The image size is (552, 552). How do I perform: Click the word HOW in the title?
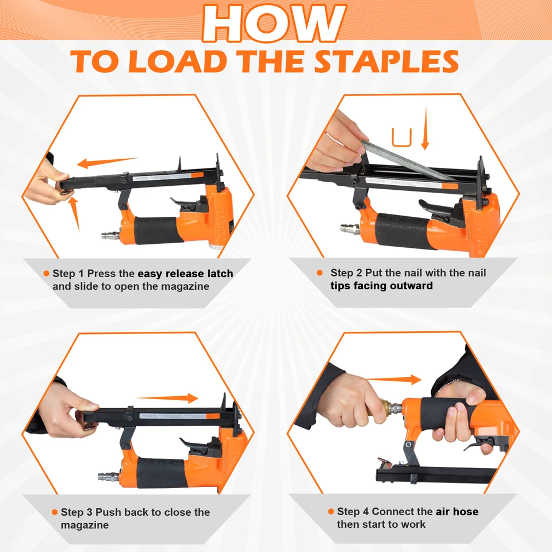275,23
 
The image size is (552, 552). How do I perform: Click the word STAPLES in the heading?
386,62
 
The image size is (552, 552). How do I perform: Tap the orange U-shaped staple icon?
402,137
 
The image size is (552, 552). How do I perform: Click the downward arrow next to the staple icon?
425,128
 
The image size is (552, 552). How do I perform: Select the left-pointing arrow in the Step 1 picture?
108,162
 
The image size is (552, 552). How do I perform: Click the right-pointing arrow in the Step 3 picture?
167,398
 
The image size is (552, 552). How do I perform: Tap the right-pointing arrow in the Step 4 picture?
393,379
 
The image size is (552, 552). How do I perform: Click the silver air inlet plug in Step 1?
111,235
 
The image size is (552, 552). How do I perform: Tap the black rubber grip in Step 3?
161,473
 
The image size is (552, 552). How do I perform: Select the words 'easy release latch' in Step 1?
185,274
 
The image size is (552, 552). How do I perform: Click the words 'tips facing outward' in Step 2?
382,286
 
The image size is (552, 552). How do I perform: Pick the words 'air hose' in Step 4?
457,512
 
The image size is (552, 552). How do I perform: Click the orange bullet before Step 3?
55,512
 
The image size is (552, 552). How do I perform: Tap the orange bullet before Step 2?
320,273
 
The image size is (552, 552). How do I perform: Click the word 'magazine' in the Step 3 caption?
85,525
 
